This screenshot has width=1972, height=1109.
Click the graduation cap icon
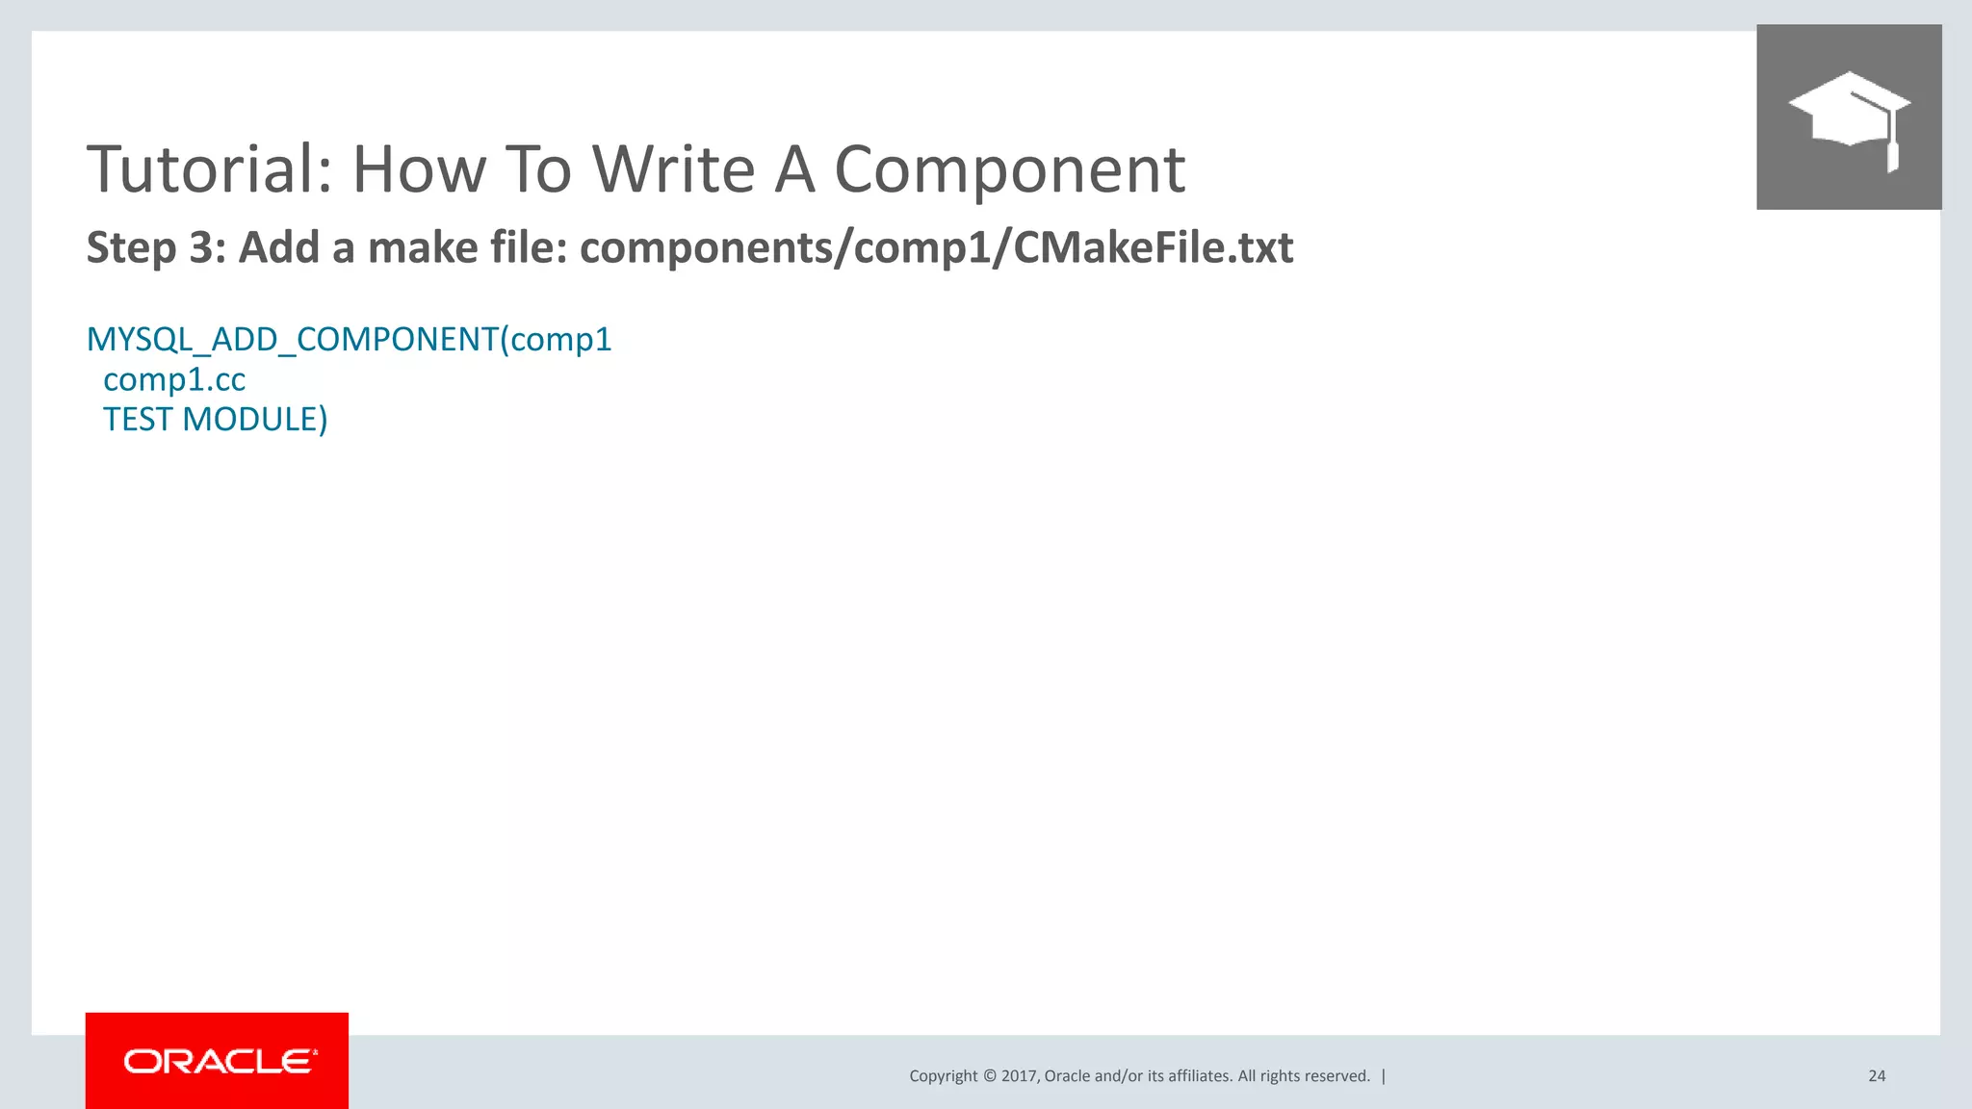click(x=1848, y=116)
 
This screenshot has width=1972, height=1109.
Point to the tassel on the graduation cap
click(x=1892, y=154)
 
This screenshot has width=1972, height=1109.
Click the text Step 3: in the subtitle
click(x=155, y=247)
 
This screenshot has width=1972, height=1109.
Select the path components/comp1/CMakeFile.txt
click(x=936, y=247)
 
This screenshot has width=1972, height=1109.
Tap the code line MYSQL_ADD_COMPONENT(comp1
click(x=349, y=339)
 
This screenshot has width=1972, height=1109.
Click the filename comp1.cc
click(x=174, y=379)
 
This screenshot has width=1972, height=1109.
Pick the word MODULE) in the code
click(x=255, y=420)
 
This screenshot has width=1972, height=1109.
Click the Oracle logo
click(x=218, y=1061)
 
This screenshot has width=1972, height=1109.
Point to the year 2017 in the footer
click(x=1018, y=1076)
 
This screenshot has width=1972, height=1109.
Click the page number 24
click(x=1877, y=1076)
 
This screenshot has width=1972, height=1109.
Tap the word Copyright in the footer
click(x=943, y=1076)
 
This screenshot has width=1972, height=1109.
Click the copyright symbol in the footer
click(x=989, y=1076)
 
